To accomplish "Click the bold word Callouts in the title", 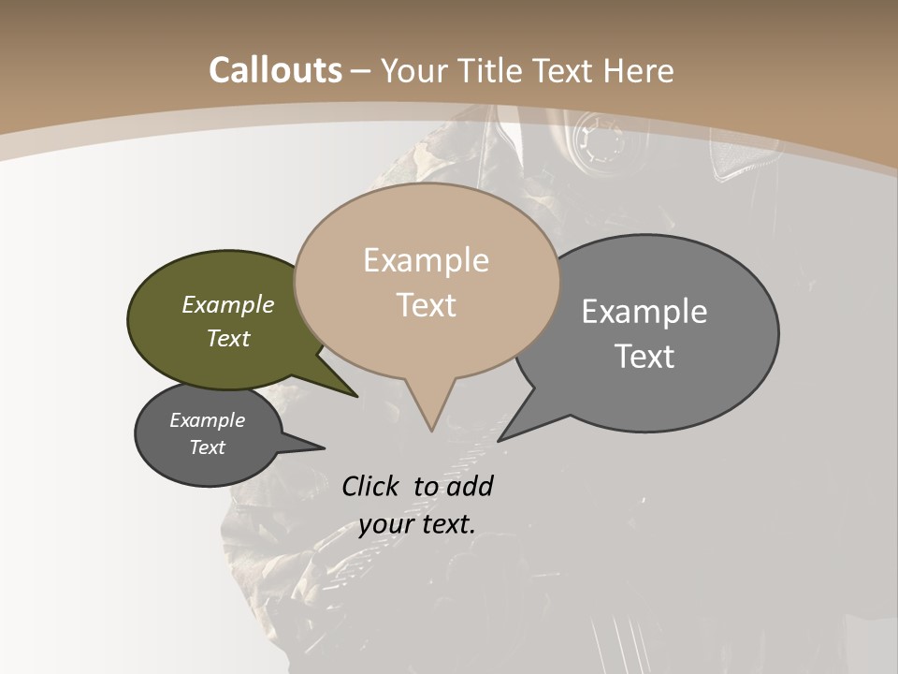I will click(275, 70).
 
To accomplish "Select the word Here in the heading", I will click(639, 70).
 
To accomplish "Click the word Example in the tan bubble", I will click(426, 260).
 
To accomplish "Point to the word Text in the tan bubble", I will click(427, 305).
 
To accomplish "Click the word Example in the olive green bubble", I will click(228, 304).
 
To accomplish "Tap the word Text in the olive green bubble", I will click(228, 338).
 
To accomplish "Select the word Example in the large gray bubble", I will click(645, 311).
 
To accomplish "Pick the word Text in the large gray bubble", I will click(645, 357).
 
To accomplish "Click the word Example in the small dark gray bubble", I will click(208, 420).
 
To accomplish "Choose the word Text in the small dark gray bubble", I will click(208, 447).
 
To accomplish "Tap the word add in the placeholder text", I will click(470, 486).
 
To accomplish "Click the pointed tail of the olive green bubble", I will click(346, 389).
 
